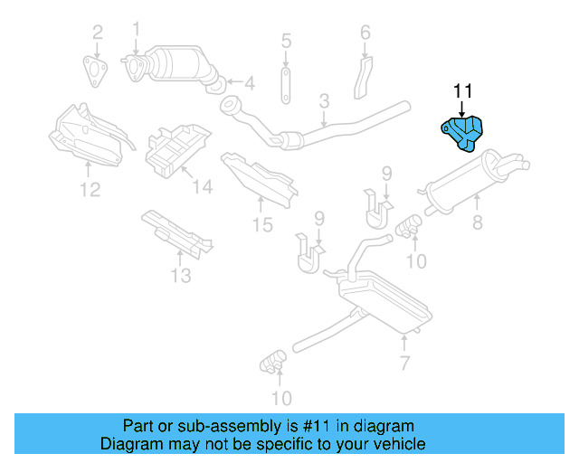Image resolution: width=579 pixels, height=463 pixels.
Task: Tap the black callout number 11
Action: coord(463,91)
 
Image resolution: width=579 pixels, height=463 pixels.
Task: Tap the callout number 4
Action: coord(249,84)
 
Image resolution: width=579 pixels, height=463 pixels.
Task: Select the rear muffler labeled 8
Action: coord(475,181)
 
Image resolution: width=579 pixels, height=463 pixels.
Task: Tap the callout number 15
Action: coord(262,225)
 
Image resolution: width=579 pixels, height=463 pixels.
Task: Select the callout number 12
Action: coord(89,189)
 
